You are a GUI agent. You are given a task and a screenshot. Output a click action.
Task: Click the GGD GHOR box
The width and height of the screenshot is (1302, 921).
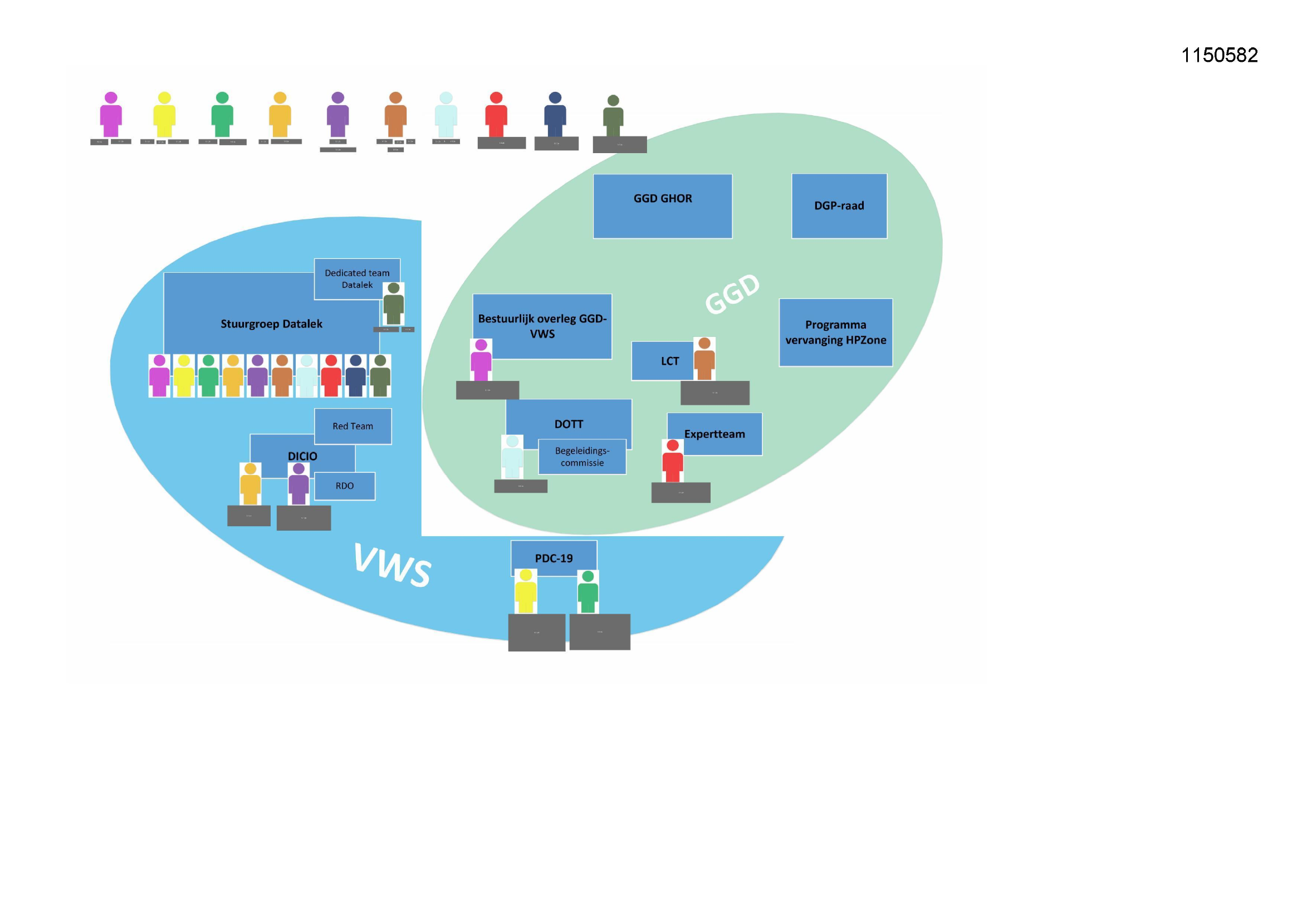pos(662,206)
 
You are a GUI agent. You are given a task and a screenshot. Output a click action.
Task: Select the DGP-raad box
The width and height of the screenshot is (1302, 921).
pos(839,206)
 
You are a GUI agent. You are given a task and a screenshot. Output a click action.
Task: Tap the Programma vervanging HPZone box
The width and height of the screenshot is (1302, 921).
pos(835,332)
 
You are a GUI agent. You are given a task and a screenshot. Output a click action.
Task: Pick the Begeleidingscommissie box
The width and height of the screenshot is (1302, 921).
pos(582,457)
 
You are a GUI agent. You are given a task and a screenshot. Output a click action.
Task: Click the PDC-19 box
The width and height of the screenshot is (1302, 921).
pos(554,558)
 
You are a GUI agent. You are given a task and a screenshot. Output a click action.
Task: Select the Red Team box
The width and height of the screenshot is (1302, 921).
pos(353,426)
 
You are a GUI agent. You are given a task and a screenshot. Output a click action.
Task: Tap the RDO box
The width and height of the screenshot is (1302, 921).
pos(344,486)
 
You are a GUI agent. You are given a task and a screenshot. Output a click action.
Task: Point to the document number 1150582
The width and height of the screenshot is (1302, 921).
pos(1219,55)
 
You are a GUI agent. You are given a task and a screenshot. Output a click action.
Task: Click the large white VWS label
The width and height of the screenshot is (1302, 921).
pos(392,565)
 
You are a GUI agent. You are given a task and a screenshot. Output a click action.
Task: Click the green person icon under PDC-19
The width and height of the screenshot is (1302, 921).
pos(588,591)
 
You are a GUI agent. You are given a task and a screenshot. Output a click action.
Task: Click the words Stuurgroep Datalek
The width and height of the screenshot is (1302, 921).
pos(271,324)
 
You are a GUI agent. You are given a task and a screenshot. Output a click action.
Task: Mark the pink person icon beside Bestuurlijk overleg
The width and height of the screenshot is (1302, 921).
pos(481,360)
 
